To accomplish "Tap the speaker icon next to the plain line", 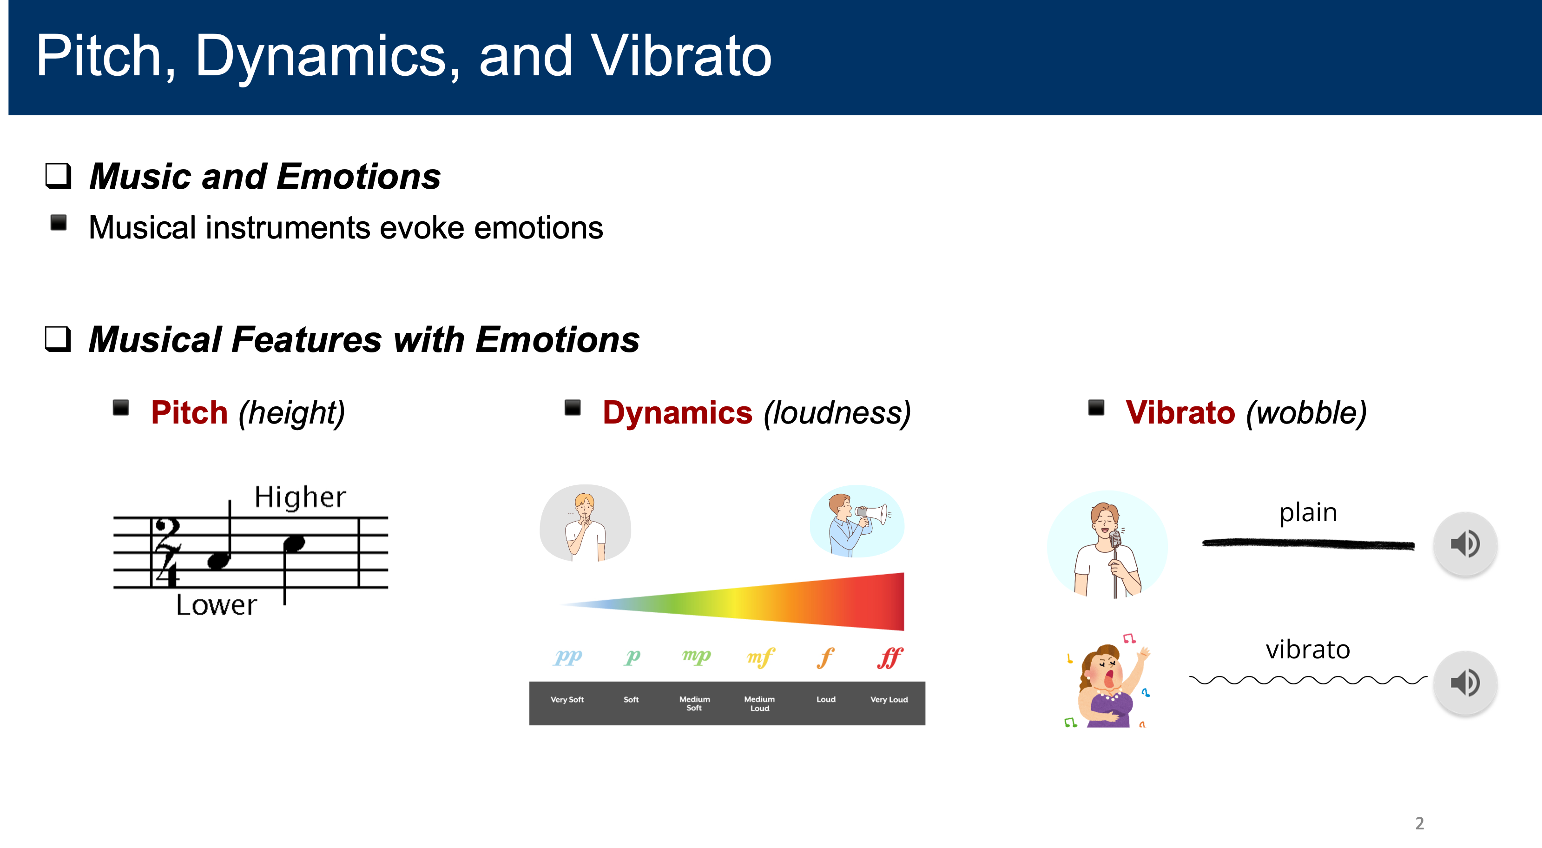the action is pyautogui.click(x=1465, y=544).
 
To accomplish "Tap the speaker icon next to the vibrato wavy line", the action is pyautogui.click(x=1465, y=682).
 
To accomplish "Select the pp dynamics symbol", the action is pyautogui.click(x=568, y=657).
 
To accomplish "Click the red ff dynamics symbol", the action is pyautogui.click(x=890, y=657).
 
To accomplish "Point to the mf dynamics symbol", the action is pyautogui.click(x=761, y=657).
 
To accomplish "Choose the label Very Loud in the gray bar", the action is pyautogui.click(x=889, y=700).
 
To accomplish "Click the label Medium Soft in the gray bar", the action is pyautogui.click(x=694, y=704).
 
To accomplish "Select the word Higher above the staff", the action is pyautogui.click(x=301, y=497).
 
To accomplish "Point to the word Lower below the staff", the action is pyautogui.click(x=217, y=605).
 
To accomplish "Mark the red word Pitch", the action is pyautogui.click(x=189, y=413).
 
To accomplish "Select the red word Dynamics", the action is pyautogui.click(x=677, y=413).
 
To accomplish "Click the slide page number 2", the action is pyautogui.click(x=1419, y=823).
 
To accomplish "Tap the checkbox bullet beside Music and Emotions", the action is pyautogui.click(x=58, y=176).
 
